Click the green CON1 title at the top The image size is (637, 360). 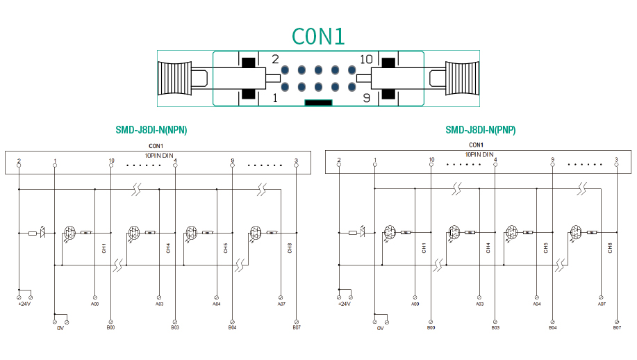pyautogui.click(x=318, y=35)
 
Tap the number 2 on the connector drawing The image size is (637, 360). pyautogui.click(x=275, y=60)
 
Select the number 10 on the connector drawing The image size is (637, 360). pyautogui.click(x=366, y=60)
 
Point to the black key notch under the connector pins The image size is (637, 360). pyautogui.click(x=318, y=103)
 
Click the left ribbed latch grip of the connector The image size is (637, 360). pyautogui.click(x=174, y=79)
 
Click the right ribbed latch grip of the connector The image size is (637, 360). pyautogui.click(x=462, y=79)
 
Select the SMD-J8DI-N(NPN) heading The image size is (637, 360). pyautogui.click(x=151, y=130)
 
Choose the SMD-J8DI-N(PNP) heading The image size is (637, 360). pyautogui.click(x=480, y=130)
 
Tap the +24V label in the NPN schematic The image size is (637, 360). pyautogui.click(x=24, y=304)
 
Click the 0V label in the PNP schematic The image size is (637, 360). pyautogui.click(x=380, y=328)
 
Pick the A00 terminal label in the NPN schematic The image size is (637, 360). pyautogui.click(x=94, y=304)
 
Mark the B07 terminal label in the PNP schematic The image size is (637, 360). pyautogui.click(x=617, y=327)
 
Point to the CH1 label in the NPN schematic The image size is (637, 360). pyautogui.click(x=104, y=247)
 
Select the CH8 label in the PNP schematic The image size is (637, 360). pyautogui.click(x=610, y=247)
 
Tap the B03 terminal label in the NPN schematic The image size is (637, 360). pyautogui.click(x=175, y=327)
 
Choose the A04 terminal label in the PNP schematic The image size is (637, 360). pyautogui.click(x=536, y=304)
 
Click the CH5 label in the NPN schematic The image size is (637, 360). pyautogui.click(x=225, y=247)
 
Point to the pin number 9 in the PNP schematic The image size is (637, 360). pyautogui.click(x=553, y=160)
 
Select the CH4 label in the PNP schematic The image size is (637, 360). pyautogui.click(x=488, y=247)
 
